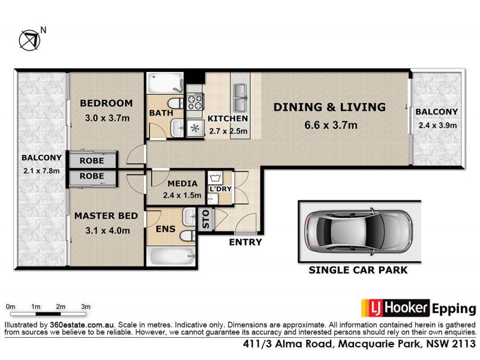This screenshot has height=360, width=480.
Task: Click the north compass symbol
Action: [x=29, y=39]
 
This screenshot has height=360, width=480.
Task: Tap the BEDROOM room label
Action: [x=106, y=103]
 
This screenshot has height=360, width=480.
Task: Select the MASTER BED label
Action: [x=106, y=215]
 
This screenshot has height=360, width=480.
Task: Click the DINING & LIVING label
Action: [x=329, y=107]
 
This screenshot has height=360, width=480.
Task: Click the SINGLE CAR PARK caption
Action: [x=358, y=270]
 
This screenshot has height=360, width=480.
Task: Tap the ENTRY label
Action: [x=245, y=242]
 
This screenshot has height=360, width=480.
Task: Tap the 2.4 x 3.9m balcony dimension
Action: [x=437, y=125]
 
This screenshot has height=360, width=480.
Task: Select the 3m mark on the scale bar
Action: [x=86, y=307]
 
